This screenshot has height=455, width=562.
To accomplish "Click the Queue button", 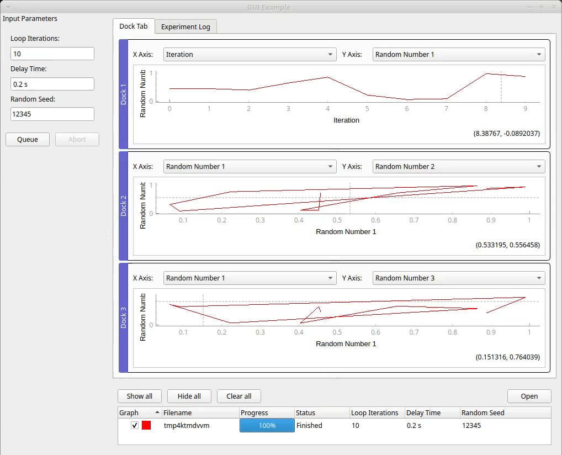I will [28, 140].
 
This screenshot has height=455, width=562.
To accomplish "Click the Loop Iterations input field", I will [52, 54].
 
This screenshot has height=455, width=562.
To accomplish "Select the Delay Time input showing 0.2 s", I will [52, 84].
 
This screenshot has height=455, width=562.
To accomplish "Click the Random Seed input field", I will [52, 114].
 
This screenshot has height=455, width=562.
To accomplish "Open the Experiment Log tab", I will [185, 27].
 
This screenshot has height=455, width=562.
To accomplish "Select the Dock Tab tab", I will [133, 27].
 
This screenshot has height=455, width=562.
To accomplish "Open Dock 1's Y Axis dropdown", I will [459, 55].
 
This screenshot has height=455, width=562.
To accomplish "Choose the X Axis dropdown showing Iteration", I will [250, 55].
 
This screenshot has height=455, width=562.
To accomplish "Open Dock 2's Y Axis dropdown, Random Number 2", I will [459, 167].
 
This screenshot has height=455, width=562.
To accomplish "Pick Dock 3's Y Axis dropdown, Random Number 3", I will [459, 278].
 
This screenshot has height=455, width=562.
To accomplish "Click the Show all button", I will [139, 396].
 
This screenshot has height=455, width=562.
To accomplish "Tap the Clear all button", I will [238, 396].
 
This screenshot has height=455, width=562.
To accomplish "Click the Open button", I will [529, 396].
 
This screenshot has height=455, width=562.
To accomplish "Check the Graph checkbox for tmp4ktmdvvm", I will [135, 426].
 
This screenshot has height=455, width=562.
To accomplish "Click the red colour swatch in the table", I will [146, 426].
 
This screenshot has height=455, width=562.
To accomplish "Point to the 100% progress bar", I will [267, 426].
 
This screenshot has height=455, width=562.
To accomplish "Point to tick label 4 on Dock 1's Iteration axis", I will [328, 109].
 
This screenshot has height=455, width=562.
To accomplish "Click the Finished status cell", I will [309, 426].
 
